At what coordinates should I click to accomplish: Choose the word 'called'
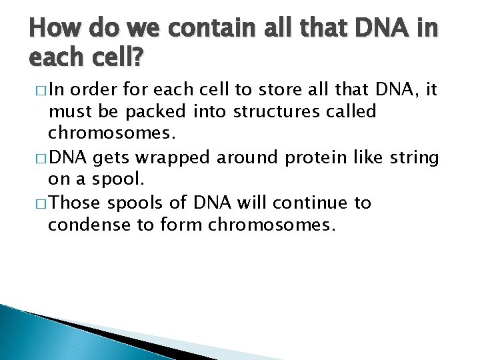tap(349, 111)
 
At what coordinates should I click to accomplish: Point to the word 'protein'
tap(305, 159)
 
